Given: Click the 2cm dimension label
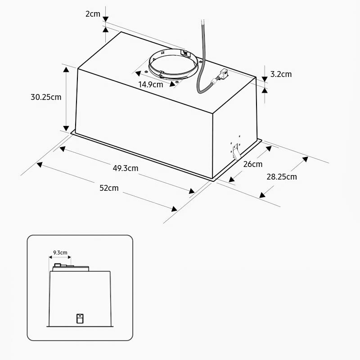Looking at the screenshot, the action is click(x=93, y=14).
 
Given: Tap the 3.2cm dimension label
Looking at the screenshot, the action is click(x=281, y=74).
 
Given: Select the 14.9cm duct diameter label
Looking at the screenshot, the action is click(x=151, y=85).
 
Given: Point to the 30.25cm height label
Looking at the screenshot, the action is click(x=46, y=97).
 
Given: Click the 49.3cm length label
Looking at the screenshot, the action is click(x=126, y=168).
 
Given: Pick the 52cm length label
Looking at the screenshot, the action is click(x=109, y=188).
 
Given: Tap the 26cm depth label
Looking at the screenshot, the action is click(x=253, y=164).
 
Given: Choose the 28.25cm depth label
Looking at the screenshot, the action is click(x=282, y=177).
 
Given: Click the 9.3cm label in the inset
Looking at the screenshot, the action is click(x=60, y=252).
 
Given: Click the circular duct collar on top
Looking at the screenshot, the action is click(x=173, y=64).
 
